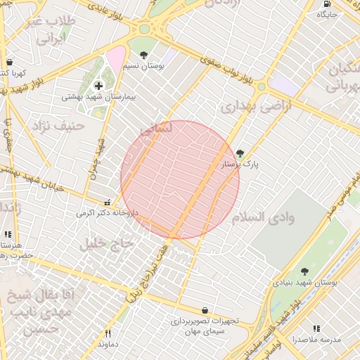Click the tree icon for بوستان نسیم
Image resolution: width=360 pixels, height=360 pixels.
point(144,54)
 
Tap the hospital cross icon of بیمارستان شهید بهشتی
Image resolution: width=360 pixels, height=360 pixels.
point(97,86)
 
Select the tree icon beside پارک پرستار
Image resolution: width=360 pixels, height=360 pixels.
point(240,153)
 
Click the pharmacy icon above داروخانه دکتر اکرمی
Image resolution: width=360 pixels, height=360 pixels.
point(107,200)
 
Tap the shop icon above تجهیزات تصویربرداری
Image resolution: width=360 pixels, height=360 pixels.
point(205,309)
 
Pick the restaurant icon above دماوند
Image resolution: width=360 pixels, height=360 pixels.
point(108,333)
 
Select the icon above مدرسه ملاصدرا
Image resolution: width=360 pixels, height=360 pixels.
point(316,328)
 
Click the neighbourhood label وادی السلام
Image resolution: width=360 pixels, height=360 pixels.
point(283,217)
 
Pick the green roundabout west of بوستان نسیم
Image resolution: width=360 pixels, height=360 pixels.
point(145,30)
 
